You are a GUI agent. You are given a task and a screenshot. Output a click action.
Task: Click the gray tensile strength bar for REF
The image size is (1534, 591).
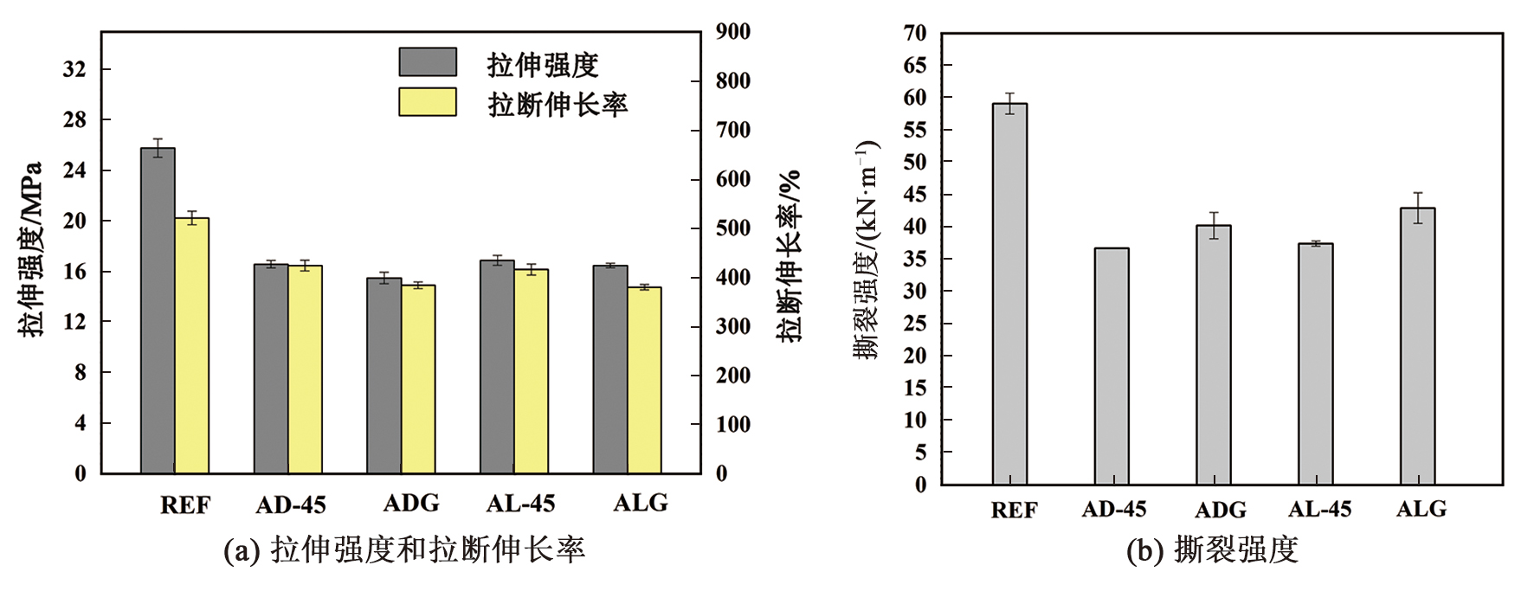[158, 312]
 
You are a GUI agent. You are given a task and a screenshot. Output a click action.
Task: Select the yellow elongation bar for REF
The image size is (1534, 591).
[192, 346]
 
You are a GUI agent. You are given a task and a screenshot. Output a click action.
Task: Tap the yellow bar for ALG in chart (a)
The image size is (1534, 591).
[644, 381]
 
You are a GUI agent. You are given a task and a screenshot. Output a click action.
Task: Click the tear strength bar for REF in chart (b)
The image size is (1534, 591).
[1009, 294]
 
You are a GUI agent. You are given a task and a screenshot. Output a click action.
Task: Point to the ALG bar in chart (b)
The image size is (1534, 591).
[1418, 346]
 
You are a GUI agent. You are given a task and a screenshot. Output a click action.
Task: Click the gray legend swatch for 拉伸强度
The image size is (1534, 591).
[428, 62]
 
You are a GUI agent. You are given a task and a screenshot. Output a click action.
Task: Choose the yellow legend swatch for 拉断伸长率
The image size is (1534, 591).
[428, 102]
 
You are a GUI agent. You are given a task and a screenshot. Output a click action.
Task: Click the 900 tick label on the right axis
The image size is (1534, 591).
[732, 32]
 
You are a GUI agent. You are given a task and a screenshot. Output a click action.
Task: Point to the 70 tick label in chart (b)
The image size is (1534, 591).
[915, 34]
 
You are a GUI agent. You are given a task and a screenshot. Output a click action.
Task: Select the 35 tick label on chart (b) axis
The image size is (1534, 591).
[915, 260]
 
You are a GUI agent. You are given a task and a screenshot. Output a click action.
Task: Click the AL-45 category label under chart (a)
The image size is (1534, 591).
[520, 504]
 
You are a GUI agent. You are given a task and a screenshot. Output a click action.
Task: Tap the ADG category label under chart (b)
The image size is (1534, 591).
[1220, 510]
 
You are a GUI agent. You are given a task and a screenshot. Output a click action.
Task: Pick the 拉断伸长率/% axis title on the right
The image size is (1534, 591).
[789, 256]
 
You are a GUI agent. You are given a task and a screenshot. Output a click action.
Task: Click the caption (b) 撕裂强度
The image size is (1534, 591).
[1212, 550]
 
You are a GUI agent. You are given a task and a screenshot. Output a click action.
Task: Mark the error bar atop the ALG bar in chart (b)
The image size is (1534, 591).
[1418, 208]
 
